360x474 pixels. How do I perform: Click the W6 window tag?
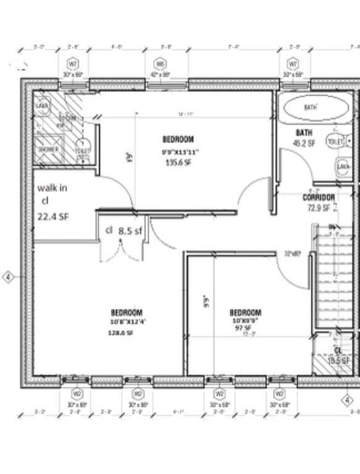coord(161,64)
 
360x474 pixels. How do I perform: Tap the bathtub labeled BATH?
coord(310,108)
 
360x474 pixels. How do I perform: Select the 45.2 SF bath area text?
coord(304,143)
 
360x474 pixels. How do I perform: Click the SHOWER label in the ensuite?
coord(48,149)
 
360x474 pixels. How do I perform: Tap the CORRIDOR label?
coord(319,197)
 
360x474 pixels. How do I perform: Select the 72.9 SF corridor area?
coord(319,208)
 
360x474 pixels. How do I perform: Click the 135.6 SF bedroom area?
coord(178,163)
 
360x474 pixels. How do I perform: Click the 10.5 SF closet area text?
coord(338,360)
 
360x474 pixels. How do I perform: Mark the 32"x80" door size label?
coord(292,254)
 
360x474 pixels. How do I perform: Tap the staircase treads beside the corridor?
coord(332,278)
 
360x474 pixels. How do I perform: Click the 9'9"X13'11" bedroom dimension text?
coord(178,152)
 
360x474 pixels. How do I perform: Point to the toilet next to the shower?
coord(82,151)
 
